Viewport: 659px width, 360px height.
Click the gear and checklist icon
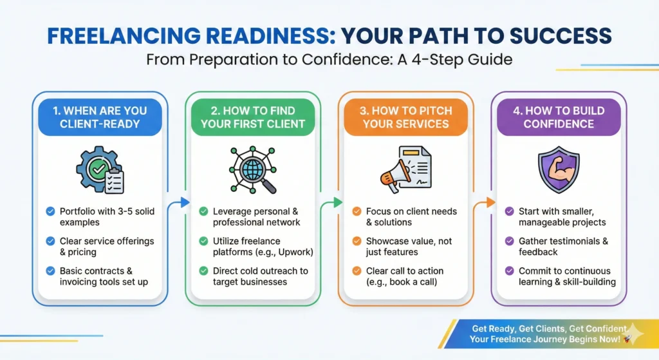click(100, 169)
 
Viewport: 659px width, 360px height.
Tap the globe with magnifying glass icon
click(253, 170)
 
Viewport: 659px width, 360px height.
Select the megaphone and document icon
click(406, 169)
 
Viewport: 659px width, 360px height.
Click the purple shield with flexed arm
click(559, 169)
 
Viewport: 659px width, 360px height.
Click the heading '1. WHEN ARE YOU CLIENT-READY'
click(100, 117)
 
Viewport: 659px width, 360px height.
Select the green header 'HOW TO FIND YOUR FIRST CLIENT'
click(253, 117)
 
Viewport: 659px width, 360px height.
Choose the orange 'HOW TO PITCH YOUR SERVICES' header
click(406, 117)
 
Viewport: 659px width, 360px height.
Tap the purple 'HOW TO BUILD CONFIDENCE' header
click(559, 117)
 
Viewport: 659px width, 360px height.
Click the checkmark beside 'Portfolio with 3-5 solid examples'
click(50, 211)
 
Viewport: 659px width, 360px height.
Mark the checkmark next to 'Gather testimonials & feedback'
click(510, 241)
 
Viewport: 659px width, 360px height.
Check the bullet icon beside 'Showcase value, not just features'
click(357, 241)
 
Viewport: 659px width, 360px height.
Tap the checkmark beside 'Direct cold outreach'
click(204, 271)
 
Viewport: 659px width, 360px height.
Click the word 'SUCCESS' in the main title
click(561, 36)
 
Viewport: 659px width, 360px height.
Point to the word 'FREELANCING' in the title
click(124, 36)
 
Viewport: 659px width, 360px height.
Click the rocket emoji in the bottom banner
click(627, 339)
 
